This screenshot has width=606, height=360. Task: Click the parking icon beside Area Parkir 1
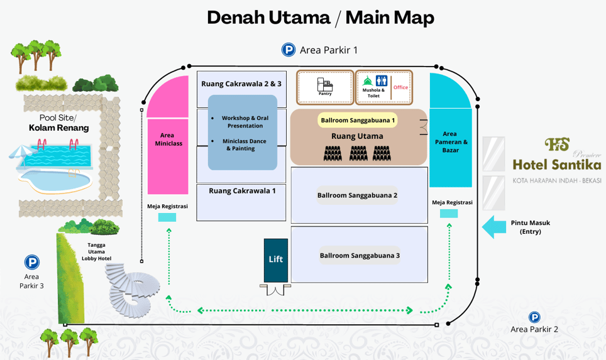click(288, 50)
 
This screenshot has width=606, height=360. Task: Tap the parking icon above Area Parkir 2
click(534, 317)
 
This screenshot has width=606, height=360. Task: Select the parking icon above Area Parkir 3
click(31, 262)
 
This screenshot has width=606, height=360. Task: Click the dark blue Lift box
click(276, 259)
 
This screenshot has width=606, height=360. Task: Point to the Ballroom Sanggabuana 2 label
click(357, 195)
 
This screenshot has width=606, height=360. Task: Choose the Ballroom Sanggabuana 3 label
click(360, 256)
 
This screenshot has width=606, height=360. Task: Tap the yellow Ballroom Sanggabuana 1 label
click(358, 120)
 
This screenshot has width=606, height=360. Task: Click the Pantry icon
click(325, 85)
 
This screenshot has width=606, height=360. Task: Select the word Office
click(400, 87)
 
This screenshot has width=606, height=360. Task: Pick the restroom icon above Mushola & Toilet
click(381, 81)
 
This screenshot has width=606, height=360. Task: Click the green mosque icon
click(368, 81)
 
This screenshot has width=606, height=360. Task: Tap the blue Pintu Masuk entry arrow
click(498, 227)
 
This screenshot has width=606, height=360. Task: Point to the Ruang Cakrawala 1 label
click(242, 190)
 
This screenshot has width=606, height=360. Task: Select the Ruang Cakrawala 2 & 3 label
click(241, 84)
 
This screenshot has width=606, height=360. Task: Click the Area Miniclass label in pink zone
click(168, 139)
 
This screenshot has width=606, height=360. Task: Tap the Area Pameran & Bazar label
click(450, 142)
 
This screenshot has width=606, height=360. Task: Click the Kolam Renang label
click(58, 128)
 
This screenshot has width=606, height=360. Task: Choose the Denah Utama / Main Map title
click(321, 18)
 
